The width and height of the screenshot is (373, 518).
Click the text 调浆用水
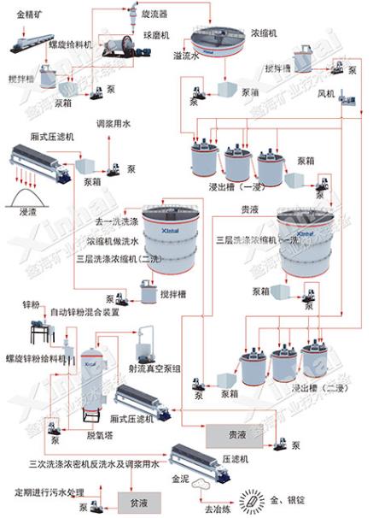point(114,124)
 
